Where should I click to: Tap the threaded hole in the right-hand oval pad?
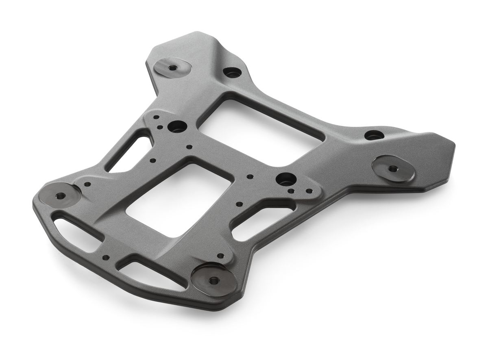[x=392, y=167]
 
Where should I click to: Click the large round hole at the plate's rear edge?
[x=232, y=73]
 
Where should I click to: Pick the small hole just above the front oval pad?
[x=220, y=256]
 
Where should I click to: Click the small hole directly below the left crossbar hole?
[x=188, y=147]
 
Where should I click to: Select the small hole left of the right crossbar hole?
[x=250, y=177]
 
